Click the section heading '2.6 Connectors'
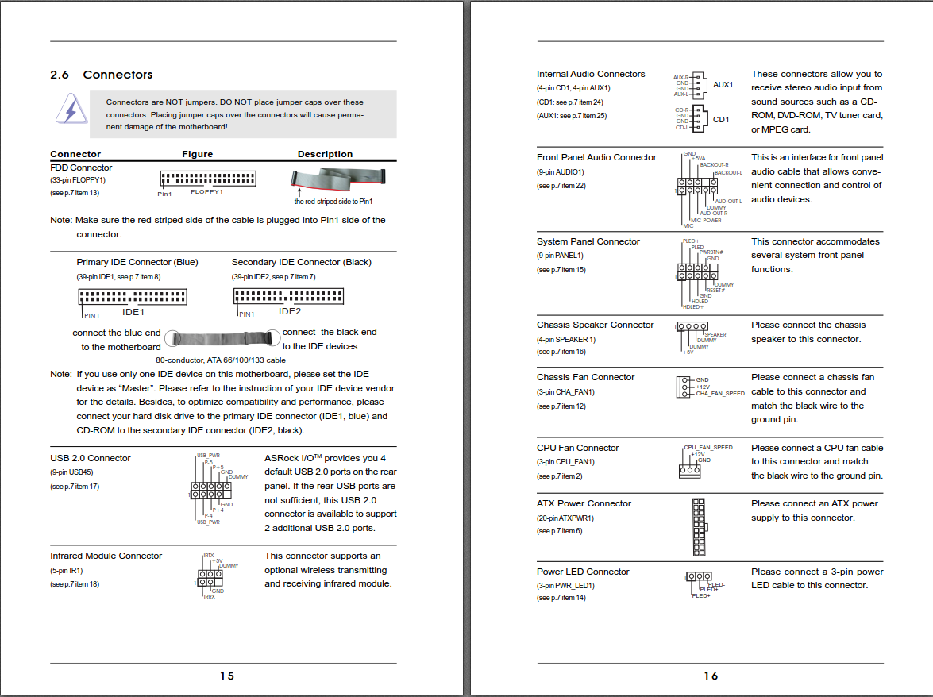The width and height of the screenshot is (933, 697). pos(101,75)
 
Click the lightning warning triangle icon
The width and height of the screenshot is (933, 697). pos(71,109)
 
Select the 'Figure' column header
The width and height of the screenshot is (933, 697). pos(197,154)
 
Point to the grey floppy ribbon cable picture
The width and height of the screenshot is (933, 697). pos(337,180)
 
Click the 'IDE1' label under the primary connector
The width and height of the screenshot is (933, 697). pos(133,312)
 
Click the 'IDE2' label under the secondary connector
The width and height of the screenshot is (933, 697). pos(290,312)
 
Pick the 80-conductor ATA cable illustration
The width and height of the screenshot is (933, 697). pos(223,338)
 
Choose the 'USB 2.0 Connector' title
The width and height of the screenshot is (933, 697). pos(91,458)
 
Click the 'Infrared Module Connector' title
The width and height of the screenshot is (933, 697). pos(106,556)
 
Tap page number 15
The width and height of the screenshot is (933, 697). pos(227,676)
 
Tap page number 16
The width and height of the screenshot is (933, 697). pos(711,676)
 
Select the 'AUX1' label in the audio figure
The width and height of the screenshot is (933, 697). pos(723,85)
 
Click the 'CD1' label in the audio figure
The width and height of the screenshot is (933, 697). pos(720,120)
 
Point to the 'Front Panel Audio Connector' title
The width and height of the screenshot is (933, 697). pos(596,157)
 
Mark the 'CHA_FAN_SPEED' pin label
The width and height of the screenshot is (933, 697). pos(720,394)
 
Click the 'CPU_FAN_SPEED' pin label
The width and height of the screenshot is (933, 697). pos(708,448)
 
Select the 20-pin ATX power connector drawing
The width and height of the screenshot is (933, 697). pos(698,527)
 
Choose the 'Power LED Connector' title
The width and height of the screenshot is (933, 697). pos(583,572)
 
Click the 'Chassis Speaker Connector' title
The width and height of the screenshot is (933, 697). pos(595,325)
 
